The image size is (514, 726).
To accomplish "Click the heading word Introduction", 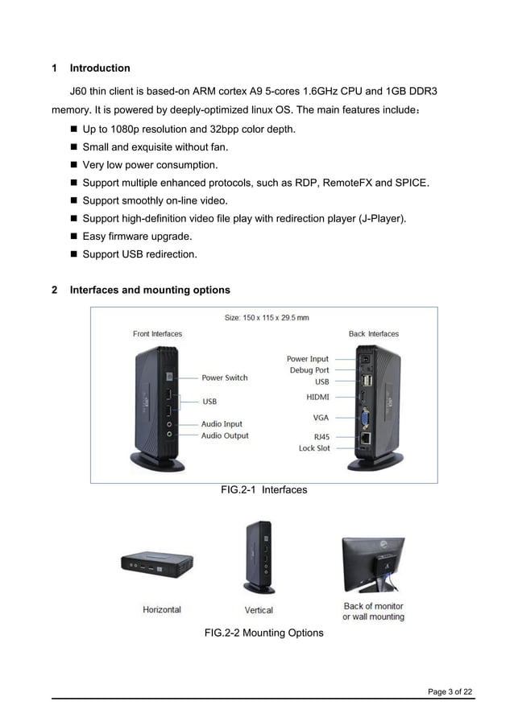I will click(x=100, y=68).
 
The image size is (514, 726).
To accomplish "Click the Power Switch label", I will click(x=224, y=377).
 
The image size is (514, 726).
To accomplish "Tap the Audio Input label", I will click(x=222, y=424).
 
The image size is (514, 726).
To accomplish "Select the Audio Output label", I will click(x=225, y=436).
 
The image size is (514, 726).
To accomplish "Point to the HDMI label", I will click(x=317, y=397).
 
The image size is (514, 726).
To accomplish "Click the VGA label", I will click(x=321, y=418).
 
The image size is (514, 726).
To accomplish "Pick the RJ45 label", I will click(x=321, y=438).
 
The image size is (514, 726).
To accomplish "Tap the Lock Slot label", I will click(x=314, y=448).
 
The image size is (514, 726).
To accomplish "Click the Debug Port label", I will click(x=309, y=370).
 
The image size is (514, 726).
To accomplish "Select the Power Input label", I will click(x=308, y=359).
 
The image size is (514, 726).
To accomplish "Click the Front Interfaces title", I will click(x=157, y=334).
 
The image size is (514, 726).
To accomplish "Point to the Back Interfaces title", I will click(x=374, y=334).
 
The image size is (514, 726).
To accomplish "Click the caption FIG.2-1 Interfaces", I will click(x=263, y=489).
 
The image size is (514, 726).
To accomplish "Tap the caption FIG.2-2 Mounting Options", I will click(x=263, y=633).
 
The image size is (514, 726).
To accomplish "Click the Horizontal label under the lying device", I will click(x=162, y=609).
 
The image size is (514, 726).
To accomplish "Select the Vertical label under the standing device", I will click(x=259, y=610).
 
